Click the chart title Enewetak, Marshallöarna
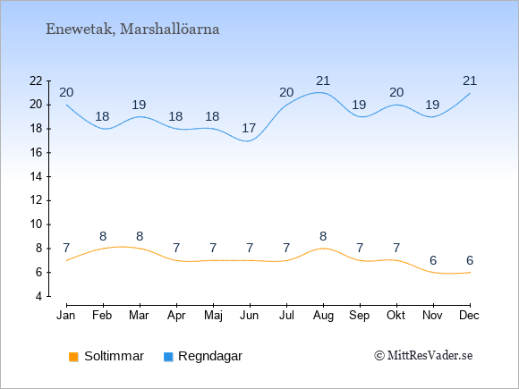(132, 30)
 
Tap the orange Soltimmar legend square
(73, 357)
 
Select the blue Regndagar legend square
(168, 357)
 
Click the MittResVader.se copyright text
(423, 356)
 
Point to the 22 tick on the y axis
(36, 81)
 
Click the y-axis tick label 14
(36, 177)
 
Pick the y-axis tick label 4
(39, 296)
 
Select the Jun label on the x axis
(250, 316)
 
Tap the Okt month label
(396, 316)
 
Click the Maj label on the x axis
(213, 316)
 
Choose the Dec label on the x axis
(470, 316)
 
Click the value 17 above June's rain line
(249, 128)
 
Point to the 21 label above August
(323, 80)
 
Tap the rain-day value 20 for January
(66, 93)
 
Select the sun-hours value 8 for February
(103, 236)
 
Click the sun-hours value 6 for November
(433, 260)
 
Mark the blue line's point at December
(470, 93)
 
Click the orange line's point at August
(323, 249)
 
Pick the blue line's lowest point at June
(249, 141)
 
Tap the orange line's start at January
(67, 260)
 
